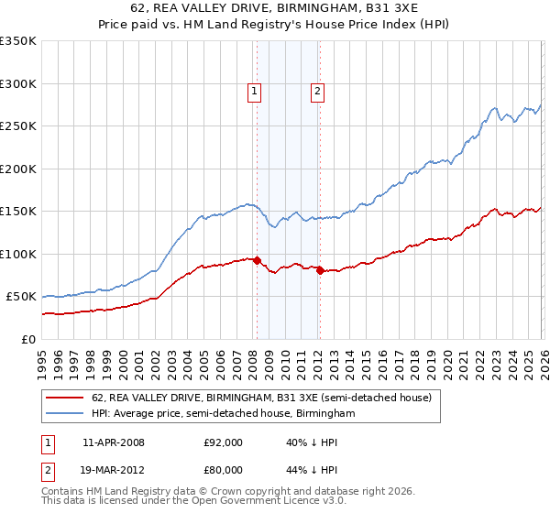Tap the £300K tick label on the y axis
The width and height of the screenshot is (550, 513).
pos(18,83)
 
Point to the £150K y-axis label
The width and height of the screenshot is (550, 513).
pos(18,212)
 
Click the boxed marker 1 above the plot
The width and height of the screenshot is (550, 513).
pos(254,91)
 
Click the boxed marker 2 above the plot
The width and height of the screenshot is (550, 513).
pos(317,91)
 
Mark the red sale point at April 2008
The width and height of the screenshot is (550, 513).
pos(257,260)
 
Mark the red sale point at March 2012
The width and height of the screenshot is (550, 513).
pos(320,270)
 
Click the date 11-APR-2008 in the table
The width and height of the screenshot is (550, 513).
pos(114,442)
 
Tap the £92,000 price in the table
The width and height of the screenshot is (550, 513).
pos(223,442)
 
